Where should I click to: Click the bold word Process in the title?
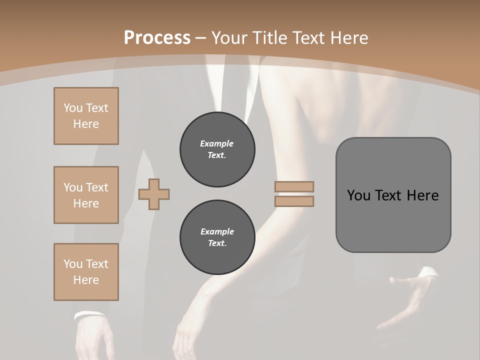coord(157,38)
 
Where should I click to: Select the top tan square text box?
coord(86,116)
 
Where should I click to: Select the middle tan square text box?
coord(86,195)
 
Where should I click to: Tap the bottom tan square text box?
coord(86,272)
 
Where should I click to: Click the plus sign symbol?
coord(154,194)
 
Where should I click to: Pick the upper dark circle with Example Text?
coord(217,149)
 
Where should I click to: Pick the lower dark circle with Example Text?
coord(217,237)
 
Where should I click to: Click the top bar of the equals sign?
coord(294,186)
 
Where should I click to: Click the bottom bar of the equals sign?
coord(294,201)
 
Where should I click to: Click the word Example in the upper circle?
coord(217,143)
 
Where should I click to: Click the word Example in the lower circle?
coord(217,231)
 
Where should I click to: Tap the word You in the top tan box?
coord(73,108)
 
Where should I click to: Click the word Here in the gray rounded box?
coord(423,195)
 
